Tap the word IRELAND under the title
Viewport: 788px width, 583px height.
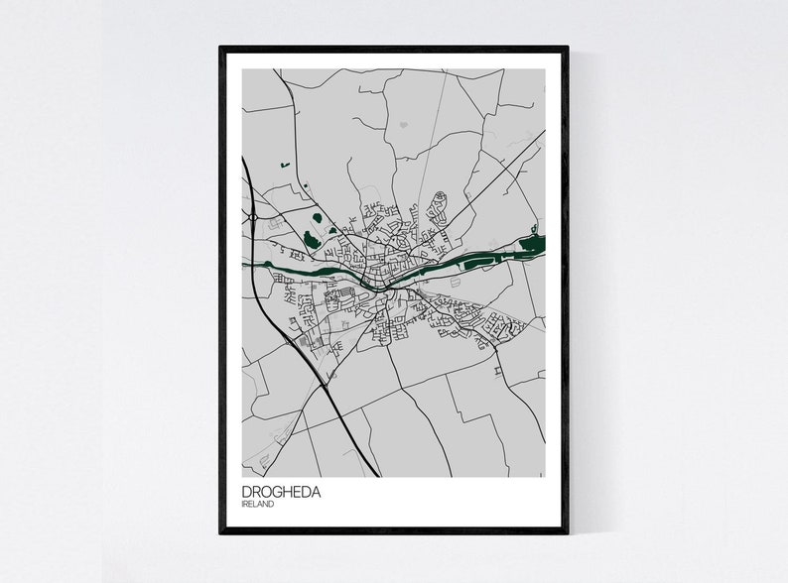257,505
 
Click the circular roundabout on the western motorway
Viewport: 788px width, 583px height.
254,216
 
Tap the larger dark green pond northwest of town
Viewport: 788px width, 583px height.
312,239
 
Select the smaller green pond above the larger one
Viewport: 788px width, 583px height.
317,217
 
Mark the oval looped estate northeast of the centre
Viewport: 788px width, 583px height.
438,208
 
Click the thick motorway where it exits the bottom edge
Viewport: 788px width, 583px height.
374,474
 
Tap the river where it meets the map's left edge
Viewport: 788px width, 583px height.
245,263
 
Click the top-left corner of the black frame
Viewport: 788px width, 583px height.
221,48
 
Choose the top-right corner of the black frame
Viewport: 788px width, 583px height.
567,48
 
